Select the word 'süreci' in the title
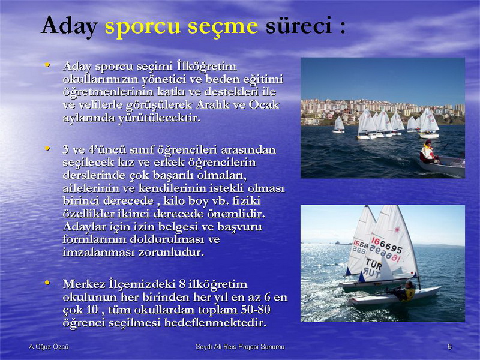point(299,25)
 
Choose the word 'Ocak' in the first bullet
point(264,105)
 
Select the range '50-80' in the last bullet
point(256,310)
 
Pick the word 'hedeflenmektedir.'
point(215,323)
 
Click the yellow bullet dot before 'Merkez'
point(47,283)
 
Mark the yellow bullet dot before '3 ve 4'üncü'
point(47,148)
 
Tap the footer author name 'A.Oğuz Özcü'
point(49,347)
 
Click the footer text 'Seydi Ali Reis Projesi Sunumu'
point(240,347)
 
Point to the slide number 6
point(449,347)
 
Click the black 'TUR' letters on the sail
point(373,263)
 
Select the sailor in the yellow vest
point(405,292)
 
